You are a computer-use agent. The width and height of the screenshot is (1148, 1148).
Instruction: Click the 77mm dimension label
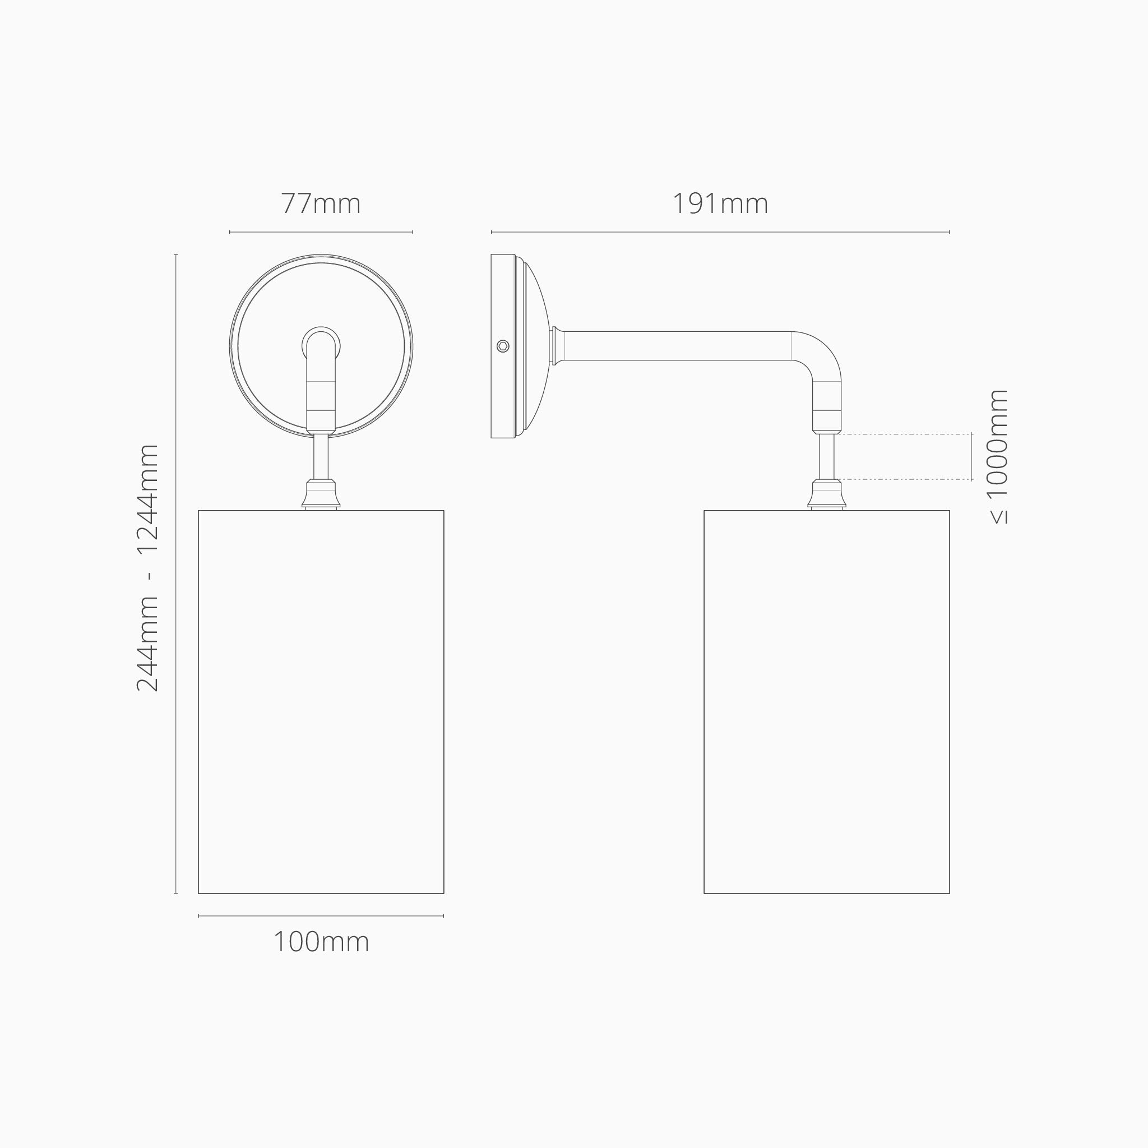321,204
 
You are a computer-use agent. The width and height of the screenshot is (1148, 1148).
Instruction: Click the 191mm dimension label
720,204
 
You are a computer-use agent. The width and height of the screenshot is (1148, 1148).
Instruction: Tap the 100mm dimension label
321,942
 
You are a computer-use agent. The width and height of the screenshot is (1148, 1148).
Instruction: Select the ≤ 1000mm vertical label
998,456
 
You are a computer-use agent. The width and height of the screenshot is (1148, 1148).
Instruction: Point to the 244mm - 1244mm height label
147,567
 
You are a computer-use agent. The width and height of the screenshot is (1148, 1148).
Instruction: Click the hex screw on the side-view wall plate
503,346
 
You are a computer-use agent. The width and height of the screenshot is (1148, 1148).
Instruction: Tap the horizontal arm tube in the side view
677,346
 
